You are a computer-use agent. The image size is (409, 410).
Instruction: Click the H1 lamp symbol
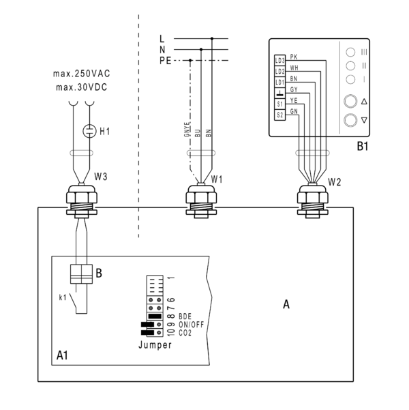click(x=89, y=131)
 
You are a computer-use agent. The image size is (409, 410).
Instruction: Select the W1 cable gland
click(x=201, y=201)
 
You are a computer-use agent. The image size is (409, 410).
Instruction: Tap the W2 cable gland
click(x=313, y=201)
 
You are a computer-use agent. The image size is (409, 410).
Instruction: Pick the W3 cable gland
click(x=82, y=201)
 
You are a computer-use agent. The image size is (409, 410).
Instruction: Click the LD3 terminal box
click(x=279, y=61)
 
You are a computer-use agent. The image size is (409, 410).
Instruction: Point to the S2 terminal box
click(x=279, y=115)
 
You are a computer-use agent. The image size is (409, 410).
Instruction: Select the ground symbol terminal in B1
click(x=279, y=93)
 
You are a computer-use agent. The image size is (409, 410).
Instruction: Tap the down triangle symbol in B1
click(x=364, y=120)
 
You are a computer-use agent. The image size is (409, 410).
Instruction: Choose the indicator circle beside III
click(x=350, y=52)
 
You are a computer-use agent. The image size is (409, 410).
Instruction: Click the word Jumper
click(x=155, y=345)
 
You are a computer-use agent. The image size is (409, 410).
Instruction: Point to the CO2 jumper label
click(x=185, y=333)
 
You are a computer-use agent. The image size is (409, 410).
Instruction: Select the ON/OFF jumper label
click(x=191, y=325)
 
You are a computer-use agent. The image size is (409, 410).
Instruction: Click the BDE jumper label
click(x=185, y=317)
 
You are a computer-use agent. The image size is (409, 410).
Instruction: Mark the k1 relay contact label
click(x=63, y=297)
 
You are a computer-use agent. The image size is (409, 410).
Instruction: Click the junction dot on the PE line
click(x=190, y=61)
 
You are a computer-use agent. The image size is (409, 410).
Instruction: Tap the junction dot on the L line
click(x=212, y=39)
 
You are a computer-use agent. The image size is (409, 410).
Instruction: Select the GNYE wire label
click(x=187, y=130)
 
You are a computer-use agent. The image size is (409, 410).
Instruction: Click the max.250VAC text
click(x=82, y=74)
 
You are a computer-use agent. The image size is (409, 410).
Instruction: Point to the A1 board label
click(x=62, y=355)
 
